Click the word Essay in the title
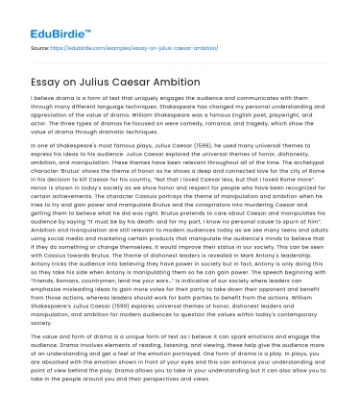38,80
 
